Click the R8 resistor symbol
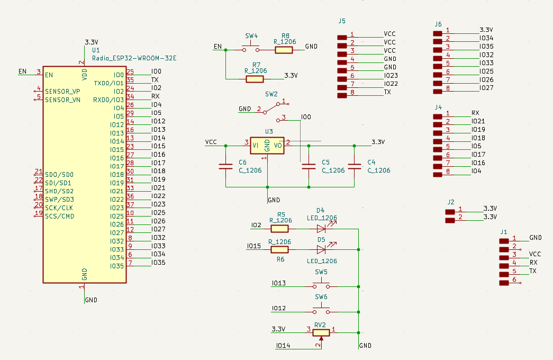(284, 50)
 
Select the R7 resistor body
(255, 79)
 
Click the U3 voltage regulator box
(267, 146)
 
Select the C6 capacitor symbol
(226, 166)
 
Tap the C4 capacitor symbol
(355, 166)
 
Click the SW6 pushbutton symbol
(321, 310)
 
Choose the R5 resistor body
(279, 229)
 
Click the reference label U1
(96, 50)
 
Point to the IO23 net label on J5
(391, 76)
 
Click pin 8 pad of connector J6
(438, 92)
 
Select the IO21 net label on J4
(478, 121)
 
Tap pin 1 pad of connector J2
(450, 212)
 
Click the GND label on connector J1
(536, 238)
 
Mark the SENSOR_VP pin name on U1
(62, 92)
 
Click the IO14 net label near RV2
(283, 346)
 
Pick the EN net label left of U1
(22, 71)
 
